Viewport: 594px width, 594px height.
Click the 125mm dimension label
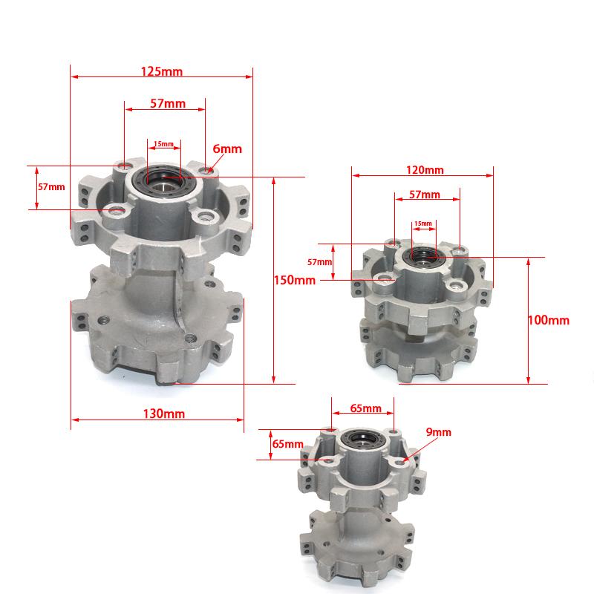[162, 71]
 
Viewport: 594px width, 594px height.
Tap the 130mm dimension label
[163, 414]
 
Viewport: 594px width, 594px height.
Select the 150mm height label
[294, 280]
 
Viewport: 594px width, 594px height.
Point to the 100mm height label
[549, 320]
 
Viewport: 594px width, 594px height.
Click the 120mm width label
[425, 170]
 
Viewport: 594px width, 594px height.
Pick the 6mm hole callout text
[227, 148]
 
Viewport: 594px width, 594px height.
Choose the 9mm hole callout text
[438, 432]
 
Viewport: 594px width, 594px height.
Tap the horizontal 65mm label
[365, 408]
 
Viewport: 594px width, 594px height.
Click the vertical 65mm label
[288, 443]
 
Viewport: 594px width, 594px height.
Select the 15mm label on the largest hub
[163, 144]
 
